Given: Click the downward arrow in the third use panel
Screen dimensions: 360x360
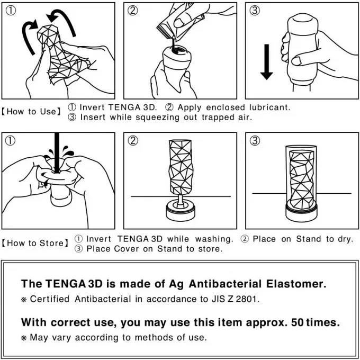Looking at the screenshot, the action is point(266,62).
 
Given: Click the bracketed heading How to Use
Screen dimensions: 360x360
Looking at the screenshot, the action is point(31,112).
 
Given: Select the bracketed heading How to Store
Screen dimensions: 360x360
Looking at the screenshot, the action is point(35,243).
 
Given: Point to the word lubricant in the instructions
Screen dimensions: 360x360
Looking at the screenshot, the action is point(270,107).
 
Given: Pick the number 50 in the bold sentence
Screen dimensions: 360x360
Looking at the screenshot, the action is point(298,322).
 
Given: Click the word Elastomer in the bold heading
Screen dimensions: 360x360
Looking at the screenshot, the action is point(296,284).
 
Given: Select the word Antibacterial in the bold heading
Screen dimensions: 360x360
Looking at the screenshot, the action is point(225,284).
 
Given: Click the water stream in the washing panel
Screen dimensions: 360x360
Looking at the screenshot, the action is point(57,152).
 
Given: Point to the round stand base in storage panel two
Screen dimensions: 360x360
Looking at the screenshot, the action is point(181,210).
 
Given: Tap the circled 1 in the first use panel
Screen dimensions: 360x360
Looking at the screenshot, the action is point(11,11).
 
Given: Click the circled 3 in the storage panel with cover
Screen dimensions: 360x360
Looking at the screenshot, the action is point(255,140).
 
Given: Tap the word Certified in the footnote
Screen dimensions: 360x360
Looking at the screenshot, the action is point(50,299).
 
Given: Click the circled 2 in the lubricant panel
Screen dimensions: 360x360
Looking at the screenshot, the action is point(133,11).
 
